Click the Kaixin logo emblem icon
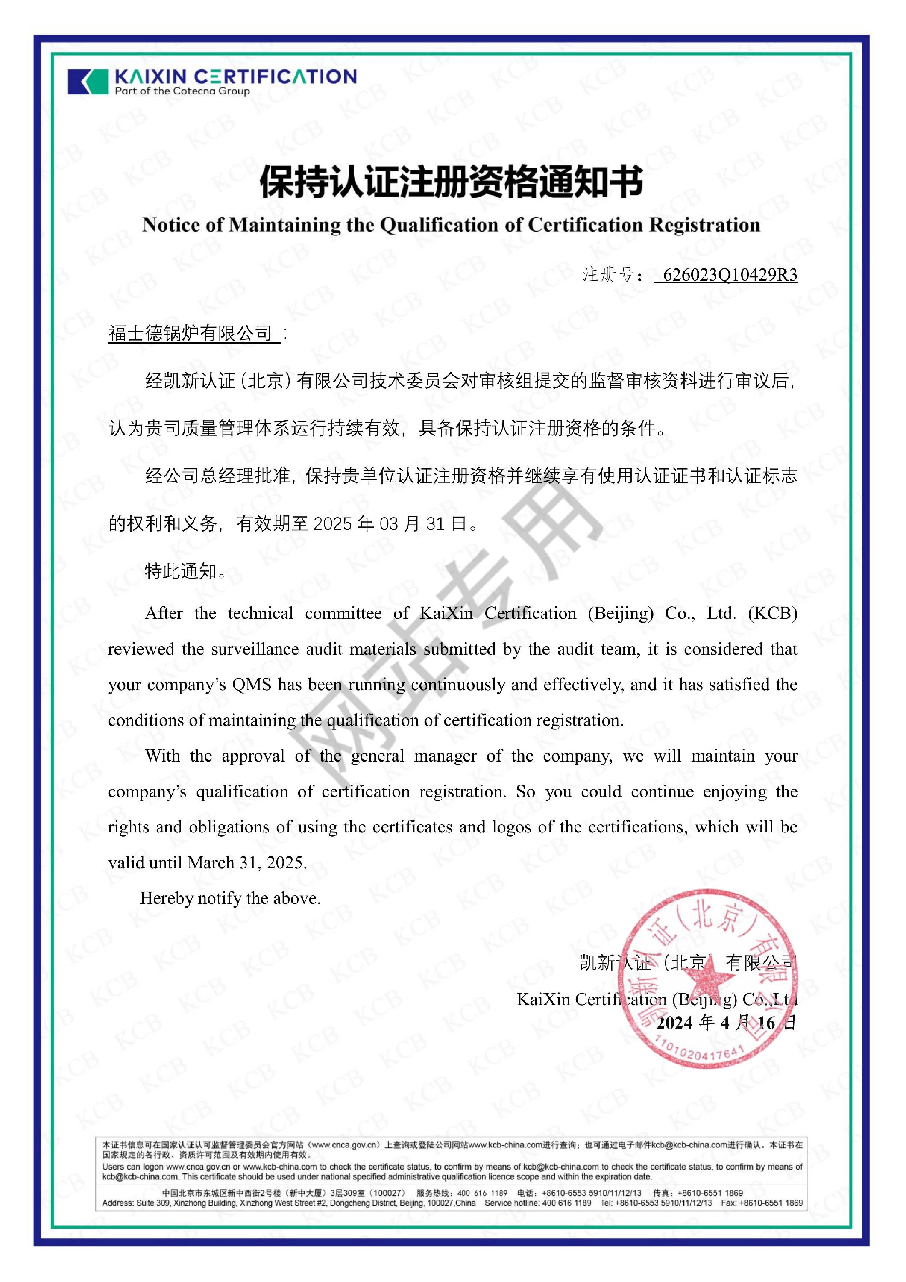pos(88,82)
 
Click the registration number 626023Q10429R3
pos(729,275)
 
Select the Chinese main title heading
pos(452,182)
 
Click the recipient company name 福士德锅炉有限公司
pos(191,333)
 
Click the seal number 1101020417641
pos(698,1053)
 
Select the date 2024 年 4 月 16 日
pos(726,1022)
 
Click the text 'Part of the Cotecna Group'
pos(182,91)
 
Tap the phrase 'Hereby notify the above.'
pos(230,898)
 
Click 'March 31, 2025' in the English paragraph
pos(246,863)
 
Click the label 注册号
pos(608,275)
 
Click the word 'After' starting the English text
pos(164,613)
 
